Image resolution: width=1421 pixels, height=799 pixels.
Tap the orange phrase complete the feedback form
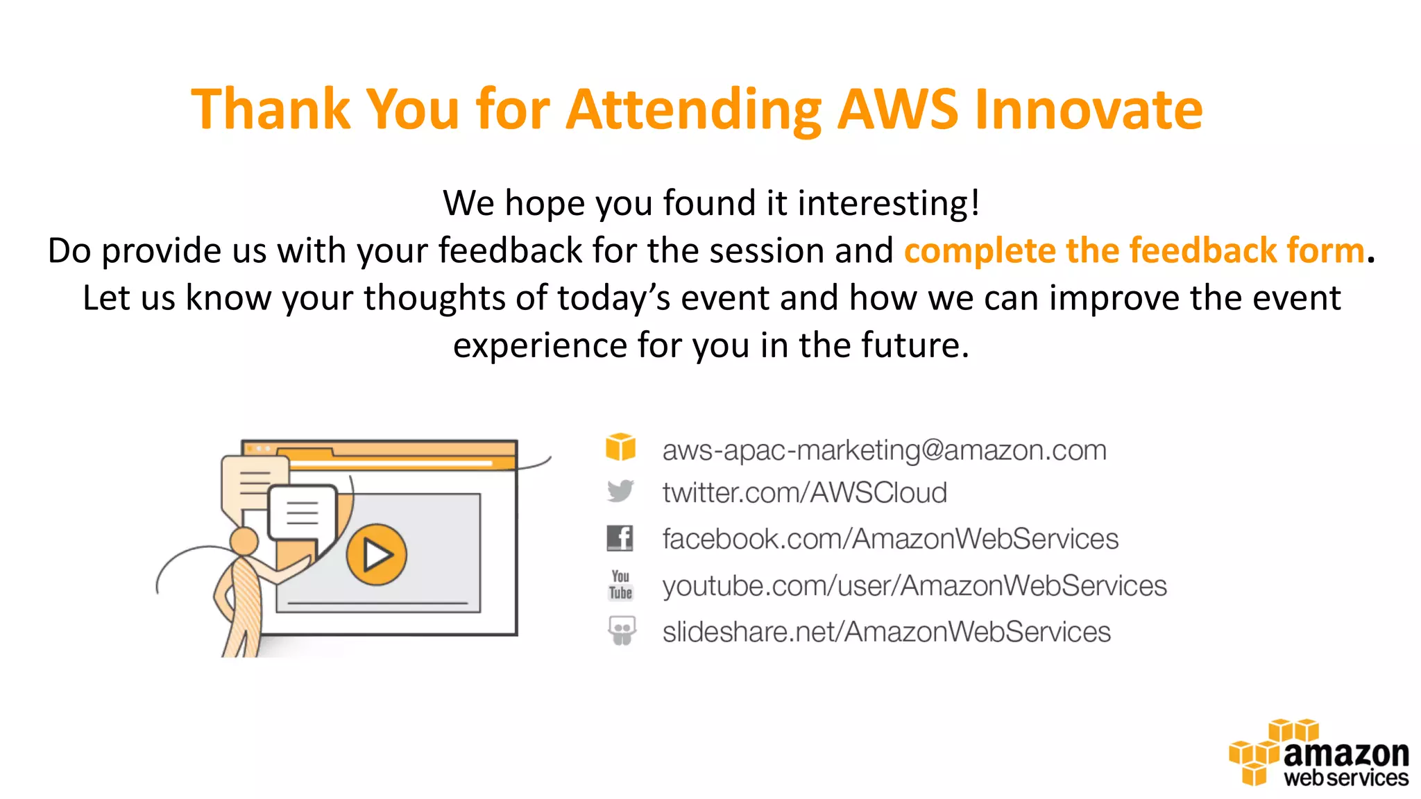point(1134,250)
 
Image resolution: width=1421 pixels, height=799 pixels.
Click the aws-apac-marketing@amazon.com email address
point(884,450)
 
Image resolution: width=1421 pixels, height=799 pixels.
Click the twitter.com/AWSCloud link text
point(804,492)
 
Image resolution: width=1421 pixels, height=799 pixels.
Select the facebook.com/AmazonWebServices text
point(890,539)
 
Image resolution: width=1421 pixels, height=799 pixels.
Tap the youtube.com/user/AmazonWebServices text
point(914,585)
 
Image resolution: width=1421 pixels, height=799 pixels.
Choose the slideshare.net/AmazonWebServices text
point(886,632)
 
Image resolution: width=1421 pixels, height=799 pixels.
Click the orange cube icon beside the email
point(620,447)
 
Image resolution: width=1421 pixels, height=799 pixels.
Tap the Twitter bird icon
point(620,491)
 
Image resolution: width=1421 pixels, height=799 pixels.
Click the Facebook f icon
point(620,538)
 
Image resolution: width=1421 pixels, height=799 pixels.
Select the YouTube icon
point(620,585)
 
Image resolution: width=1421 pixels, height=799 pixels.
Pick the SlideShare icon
point(622,630)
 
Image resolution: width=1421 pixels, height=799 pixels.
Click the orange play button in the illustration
point(376,554)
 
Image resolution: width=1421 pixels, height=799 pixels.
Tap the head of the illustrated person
point(244,540)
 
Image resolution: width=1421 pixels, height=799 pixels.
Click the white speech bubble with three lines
point(303,513)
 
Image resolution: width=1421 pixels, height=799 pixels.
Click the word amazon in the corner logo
point(1345,754)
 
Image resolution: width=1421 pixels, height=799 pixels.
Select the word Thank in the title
point(271,109)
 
